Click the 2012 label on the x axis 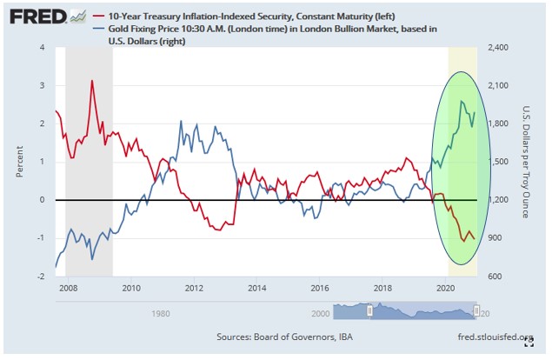[193, 286]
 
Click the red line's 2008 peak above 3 [92, 81]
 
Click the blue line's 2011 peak [180, 121]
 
